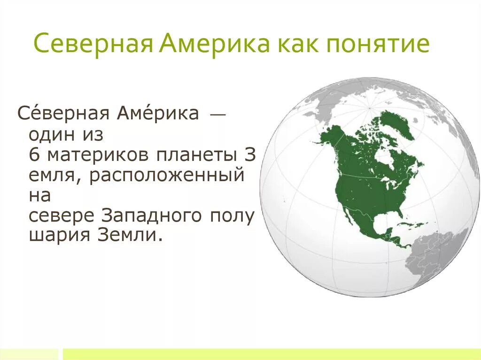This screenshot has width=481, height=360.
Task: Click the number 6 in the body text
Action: pos(33,155)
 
